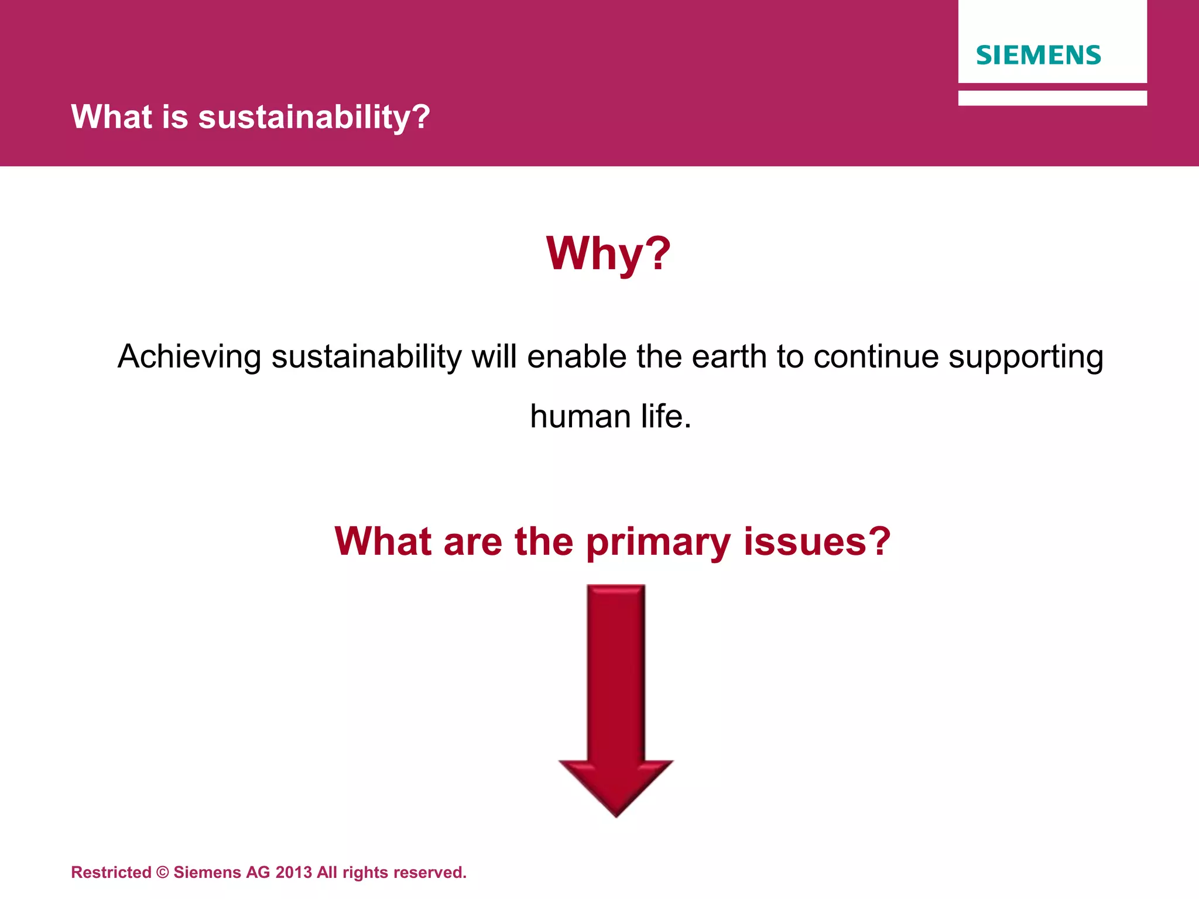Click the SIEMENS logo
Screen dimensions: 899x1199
pyautogui.click(x=1038, y=55)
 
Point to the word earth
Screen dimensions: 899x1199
pyautogui.click(x=728, y=356)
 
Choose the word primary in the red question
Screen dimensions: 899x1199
pyautogui.click(x=658, y=541)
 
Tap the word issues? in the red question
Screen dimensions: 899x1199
pyautogui.click(x=817, y=541)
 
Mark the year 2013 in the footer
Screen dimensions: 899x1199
pyautogui.click(x=293, y=873)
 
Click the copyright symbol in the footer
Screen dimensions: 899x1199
pyautogui.click(x=163, y=873)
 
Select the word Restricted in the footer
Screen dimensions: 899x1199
pyautogui.click(x=111, y=873)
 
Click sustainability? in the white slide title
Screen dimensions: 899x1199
pyautogui.click(x=314, y=116)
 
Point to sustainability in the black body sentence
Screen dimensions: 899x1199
pyautogui.click(x=366, y=356)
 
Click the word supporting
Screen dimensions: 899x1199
pyautogui.click(x=1026, y=356)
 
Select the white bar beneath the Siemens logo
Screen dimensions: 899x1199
pyautogui.click(x=1052, y=98)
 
